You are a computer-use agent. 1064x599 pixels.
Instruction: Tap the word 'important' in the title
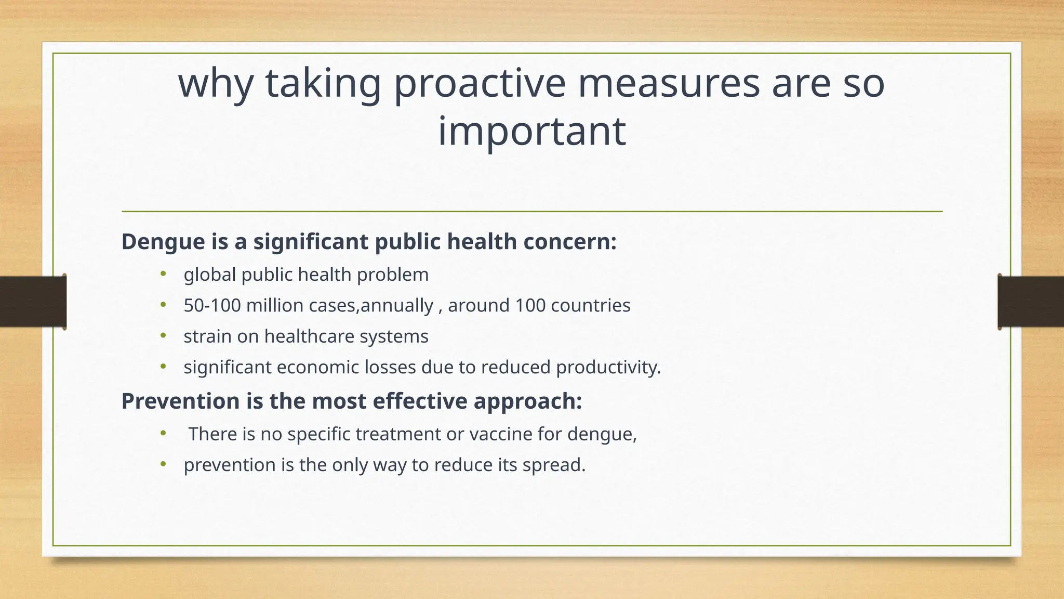click(x=531, y=131)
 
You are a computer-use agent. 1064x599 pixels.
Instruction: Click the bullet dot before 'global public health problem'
click(x=163, y=274)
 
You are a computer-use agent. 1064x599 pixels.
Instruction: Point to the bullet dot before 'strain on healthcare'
click(x=163, y=336)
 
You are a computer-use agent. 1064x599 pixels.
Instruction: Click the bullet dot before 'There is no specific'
click(x=163, y=433)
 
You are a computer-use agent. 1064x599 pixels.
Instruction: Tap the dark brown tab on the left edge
click(x=33, y=302)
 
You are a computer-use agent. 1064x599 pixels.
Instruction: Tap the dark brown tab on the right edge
click(x=1031, y=302)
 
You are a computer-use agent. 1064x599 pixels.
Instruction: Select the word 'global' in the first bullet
click(x=210, y=275)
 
